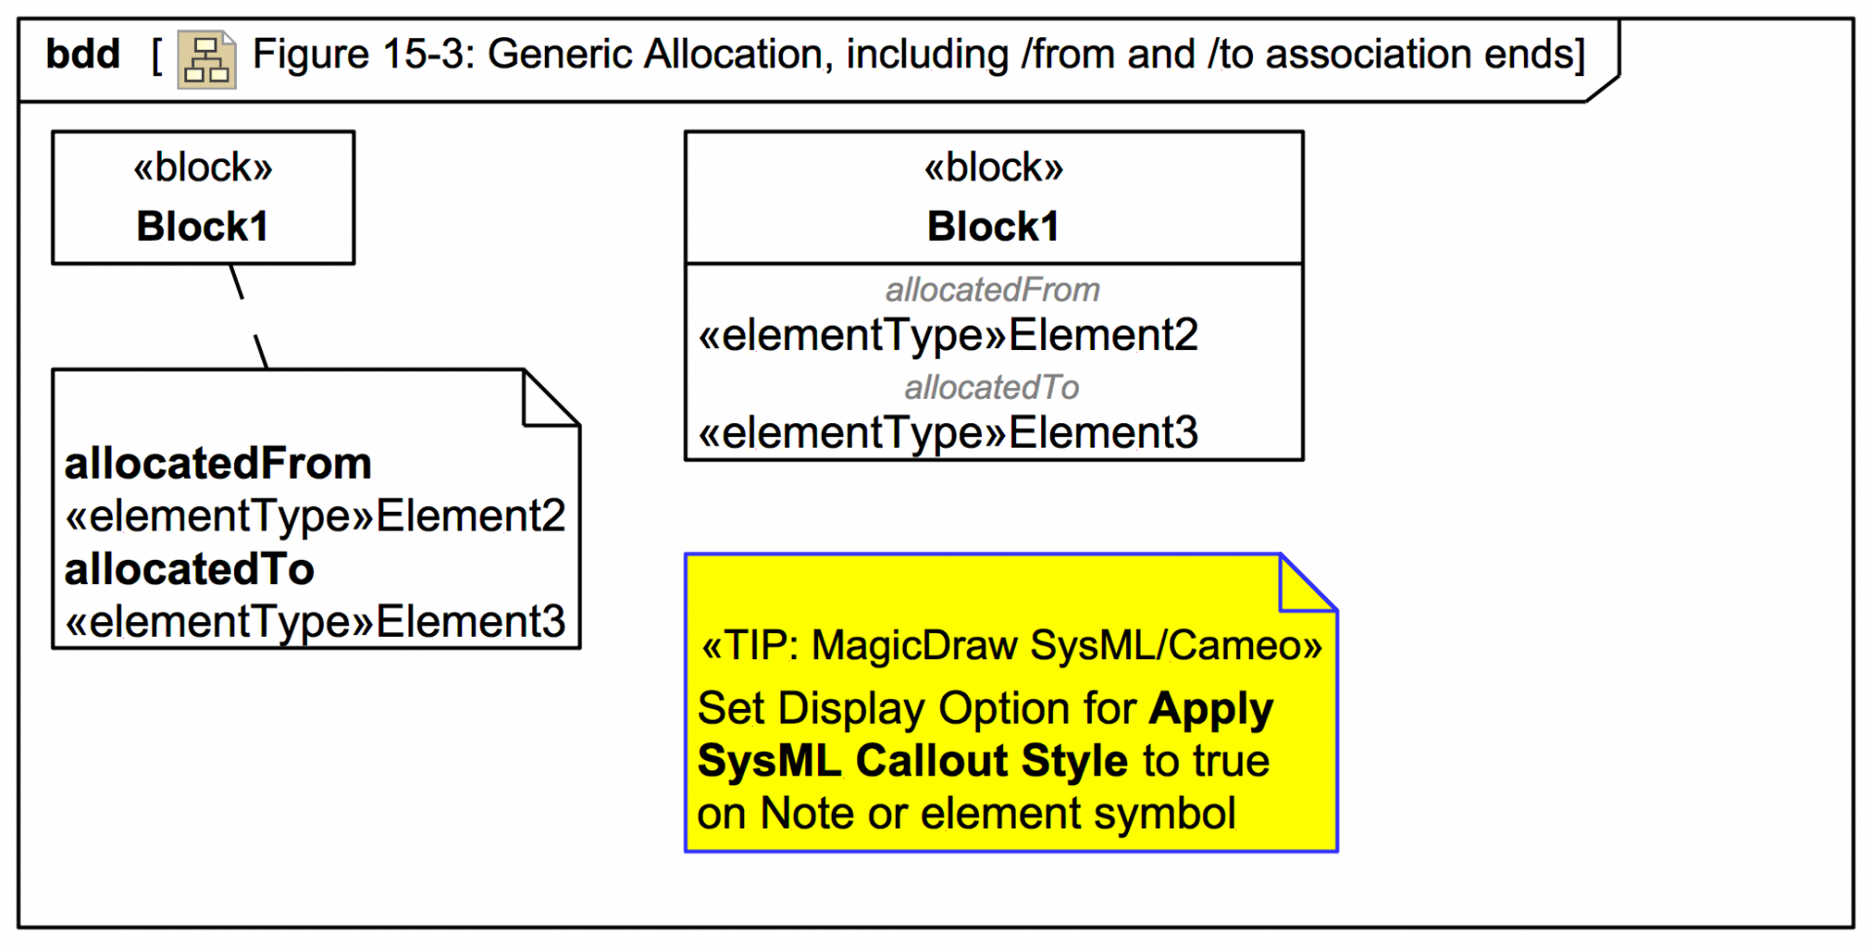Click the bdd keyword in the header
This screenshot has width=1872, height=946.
point(83,55)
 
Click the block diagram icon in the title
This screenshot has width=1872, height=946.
point(207,59)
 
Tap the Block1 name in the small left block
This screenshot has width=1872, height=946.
point(202,226)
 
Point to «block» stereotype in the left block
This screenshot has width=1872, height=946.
point(203,168)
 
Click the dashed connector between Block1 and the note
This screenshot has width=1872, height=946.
point(249,316)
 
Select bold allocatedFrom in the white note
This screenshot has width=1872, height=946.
point(217,463)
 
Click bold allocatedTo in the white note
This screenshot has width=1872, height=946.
point(189,570)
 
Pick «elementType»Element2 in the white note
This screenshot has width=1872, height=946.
point(315,516)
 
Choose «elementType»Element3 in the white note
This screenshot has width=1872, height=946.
point(315,621)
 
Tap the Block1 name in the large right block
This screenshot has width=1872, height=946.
point(993,226)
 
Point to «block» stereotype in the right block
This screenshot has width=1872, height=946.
point(994,168)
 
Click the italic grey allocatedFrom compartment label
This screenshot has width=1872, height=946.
point(993,290)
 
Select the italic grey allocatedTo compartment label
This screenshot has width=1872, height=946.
point(992,387)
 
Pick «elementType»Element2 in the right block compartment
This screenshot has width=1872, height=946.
point(948,335)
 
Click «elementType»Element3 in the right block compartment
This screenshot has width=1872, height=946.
point(948,433)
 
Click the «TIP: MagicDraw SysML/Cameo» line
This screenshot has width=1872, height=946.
point(1011,646)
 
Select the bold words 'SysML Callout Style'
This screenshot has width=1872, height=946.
point(913,761)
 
